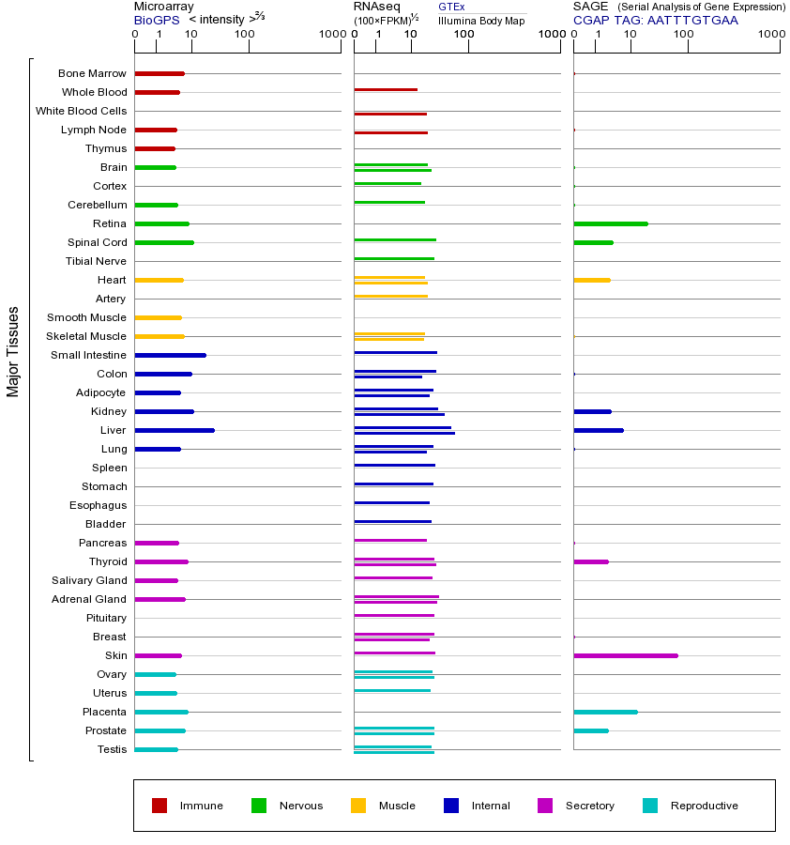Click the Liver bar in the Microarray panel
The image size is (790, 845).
175,430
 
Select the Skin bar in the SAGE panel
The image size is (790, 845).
625,655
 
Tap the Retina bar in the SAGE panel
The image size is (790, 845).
610,223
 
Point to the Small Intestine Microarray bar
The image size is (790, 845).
170,355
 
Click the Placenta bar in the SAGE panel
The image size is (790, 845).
605,712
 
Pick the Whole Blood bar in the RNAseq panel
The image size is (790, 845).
386,89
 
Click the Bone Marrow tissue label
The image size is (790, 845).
92,73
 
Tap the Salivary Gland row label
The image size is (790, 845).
92,580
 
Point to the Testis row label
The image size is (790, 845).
111,749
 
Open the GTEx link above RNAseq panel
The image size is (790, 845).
451,7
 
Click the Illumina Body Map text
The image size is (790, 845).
481,20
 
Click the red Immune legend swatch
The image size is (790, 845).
160,806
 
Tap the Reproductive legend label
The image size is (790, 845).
704,806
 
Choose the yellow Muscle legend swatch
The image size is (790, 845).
358,806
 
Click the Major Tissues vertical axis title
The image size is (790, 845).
13,351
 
